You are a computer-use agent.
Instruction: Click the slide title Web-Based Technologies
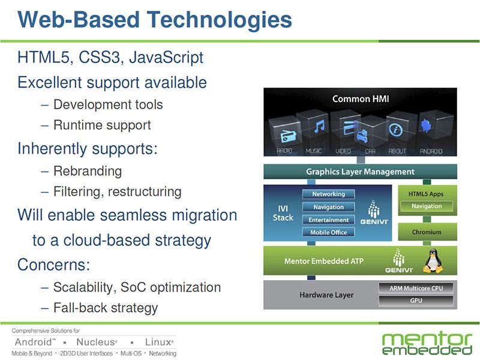(155, 19)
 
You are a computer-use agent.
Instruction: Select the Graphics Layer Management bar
(360, 172)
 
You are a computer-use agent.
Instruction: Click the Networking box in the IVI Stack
(328, 194)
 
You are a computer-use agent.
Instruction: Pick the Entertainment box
(328, 220)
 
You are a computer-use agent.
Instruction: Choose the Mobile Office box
(328, 232)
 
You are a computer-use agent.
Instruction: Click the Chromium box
(427, 232)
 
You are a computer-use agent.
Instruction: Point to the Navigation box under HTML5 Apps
(427, 206)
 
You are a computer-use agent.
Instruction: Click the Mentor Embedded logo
(427, 342)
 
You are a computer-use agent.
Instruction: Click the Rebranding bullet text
(88, 170)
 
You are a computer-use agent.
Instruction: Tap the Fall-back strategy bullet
(106, 308)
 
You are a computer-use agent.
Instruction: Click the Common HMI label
(360, 98)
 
